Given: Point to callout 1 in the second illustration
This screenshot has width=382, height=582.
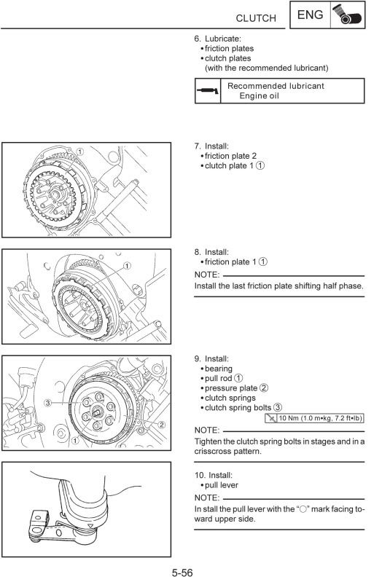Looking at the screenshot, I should coord(128,266).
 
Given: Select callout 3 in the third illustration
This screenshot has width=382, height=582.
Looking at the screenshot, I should coord(47,402).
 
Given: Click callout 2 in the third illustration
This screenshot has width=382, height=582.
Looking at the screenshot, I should coord(161,424).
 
